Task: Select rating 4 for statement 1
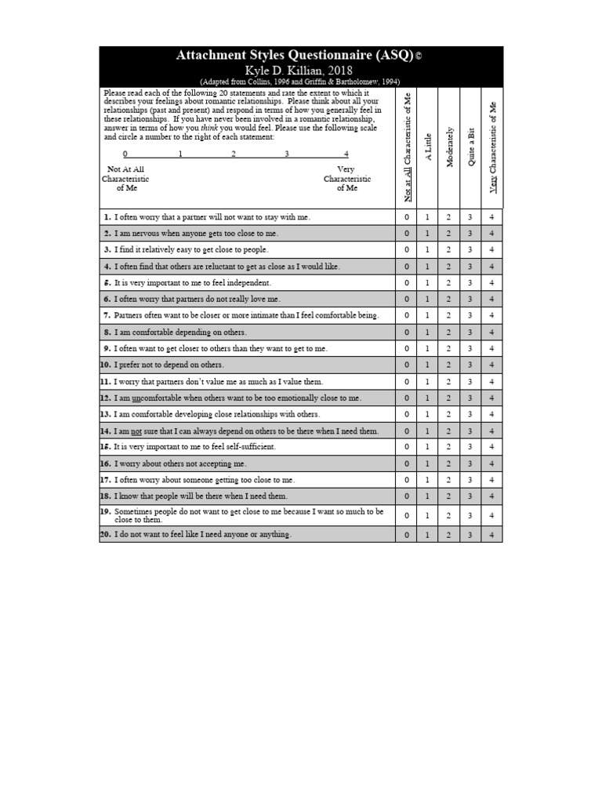[x=491, y=217]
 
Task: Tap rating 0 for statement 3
[x=407, y=250]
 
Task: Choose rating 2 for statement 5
[x=449, y=283]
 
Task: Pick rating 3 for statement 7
[x=470, y=316]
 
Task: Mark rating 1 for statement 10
[x=428, y=365]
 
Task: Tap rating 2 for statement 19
[x=449, y=516]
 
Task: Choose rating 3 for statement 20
[x=470, y=535]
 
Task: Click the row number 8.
[x=106, y=332]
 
